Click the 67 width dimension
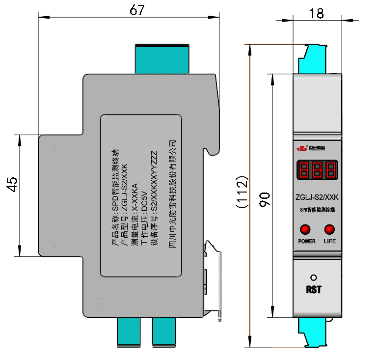[137, 10]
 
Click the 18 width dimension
[317, 13]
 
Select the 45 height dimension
[12, 184]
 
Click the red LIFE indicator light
[329, 229]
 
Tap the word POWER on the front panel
[307, 242]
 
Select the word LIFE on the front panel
[329, 242]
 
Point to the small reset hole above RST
[314, 277]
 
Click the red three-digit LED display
[317, 170]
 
